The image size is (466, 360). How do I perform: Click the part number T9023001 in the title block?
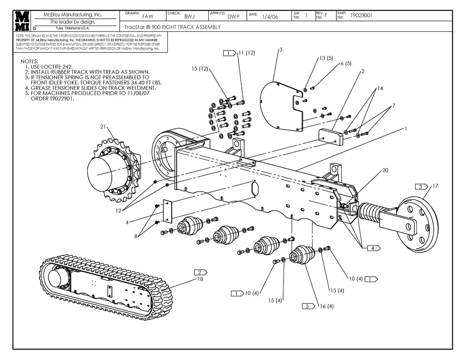click(361, 15)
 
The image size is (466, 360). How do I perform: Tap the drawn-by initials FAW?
click(141, 16)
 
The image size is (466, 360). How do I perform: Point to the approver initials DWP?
click(233, 16)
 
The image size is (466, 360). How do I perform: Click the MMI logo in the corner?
click(22, 21)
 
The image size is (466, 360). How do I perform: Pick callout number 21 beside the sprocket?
click(103, 127)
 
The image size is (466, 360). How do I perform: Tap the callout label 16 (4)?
click(327, 306)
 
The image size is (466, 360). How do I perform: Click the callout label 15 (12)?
click(200, 69)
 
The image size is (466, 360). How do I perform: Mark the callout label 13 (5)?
click(326, 58)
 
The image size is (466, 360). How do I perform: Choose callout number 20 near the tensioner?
click(385, 170)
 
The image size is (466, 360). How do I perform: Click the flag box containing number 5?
click(308, 306)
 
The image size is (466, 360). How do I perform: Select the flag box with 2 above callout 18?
click(200, 272)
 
